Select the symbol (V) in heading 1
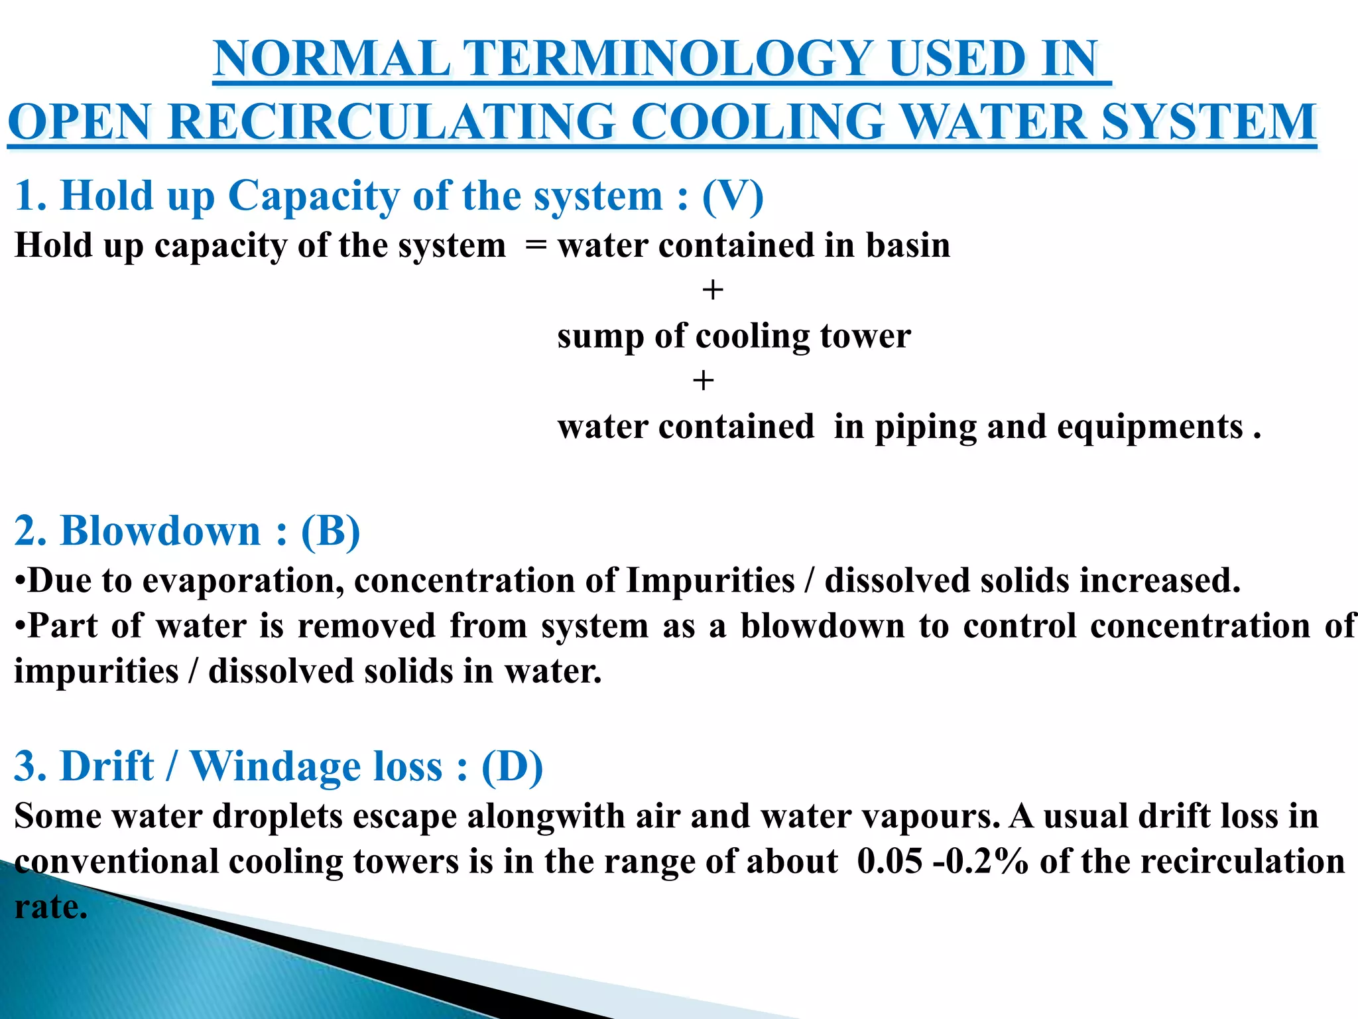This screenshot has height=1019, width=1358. tap(733, 196)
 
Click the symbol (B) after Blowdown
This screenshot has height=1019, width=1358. tap(330, 531)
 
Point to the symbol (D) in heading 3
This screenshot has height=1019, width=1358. tap(512, 767)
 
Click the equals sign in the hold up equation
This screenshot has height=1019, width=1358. tap(535, 246)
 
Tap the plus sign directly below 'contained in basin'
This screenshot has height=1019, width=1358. tap(713, 291)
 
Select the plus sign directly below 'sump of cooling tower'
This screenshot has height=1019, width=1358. tap(703, 381)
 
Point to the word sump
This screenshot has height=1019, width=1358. tap(600, 337)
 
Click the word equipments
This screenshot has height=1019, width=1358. tap(1149, 427)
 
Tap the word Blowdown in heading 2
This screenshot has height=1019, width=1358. tap(160, 531)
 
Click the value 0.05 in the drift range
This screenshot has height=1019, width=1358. tap(889, 862)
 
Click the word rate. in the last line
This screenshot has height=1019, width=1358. tap(51, 907)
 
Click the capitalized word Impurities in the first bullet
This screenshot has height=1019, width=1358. tap(710, 581)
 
